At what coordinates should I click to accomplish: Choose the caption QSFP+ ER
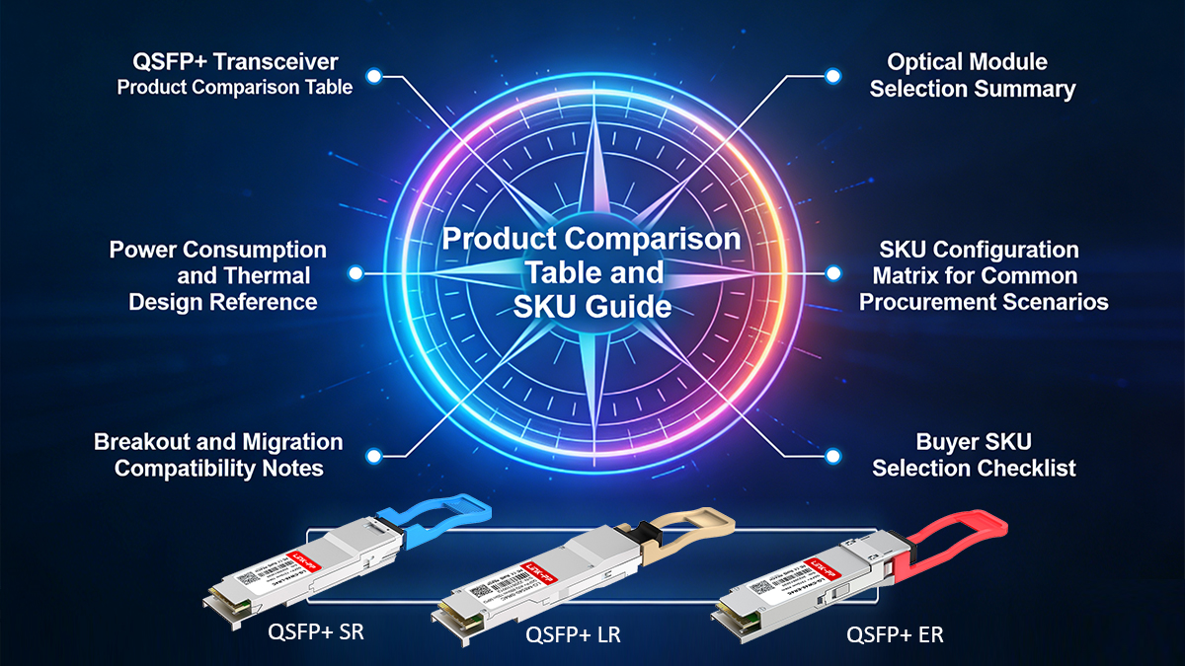(895, 635)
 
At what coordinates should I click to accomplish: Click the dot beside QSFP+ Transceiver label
(372, 75)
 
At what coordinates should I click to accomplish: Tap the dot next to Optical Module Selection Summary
(832, 75)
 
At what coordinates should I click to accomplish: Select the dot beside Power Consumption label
(355, 273)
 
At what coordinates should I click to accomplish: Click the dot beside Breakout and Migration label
(372, 455)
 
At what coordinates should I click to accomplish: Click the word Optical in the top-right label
(925, 62)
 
